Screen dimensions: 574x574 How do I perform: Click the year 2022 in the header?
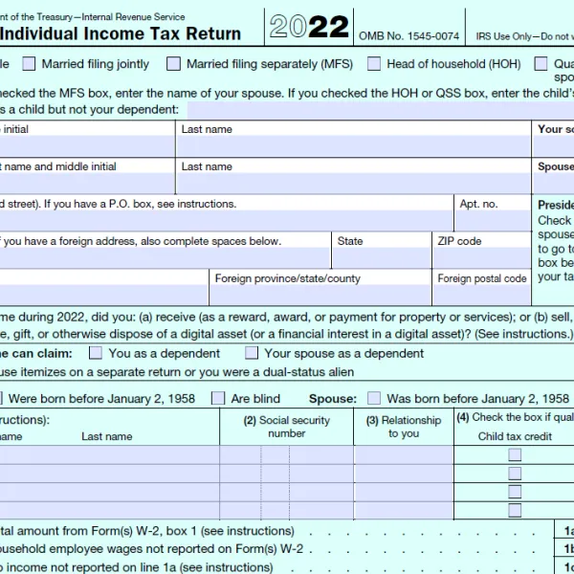(308, 27)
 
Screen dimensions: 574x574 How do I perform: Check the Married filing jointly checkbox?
(30, 64)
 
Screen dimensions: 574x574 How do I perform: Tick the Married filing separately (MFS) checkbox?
(173, 64)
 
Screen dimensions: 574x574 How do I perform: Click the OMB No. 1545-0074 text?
(408, 35)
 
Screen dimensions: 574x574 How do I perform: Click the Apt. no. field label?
(478, 204)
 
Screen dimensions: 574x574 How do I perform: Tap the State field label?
(350, 241)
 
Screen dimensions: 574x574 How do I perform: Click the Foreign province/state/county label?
(288, 278)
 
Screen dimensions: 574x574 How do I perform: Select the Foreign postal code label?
(482, 278)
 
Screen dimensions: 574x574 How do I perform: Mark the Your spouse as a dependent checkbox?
(252, 353)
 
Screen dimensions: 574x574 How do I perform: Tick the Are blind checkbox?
(218, 398)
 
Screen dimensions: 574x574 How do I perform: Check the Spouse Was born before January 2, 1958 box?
(374, 398)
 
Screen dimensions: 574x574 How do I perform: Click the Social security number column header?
(286, 427)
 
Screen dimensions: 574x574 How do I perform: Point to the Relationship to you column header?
(404, 427)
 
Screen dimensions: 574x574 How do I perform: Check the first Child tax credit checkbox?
(515, 455)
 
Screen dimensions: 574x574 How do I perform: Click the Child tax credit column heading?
(515, 436)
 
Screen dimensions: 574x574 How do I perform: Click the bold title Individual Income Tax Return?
(121, 34)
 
